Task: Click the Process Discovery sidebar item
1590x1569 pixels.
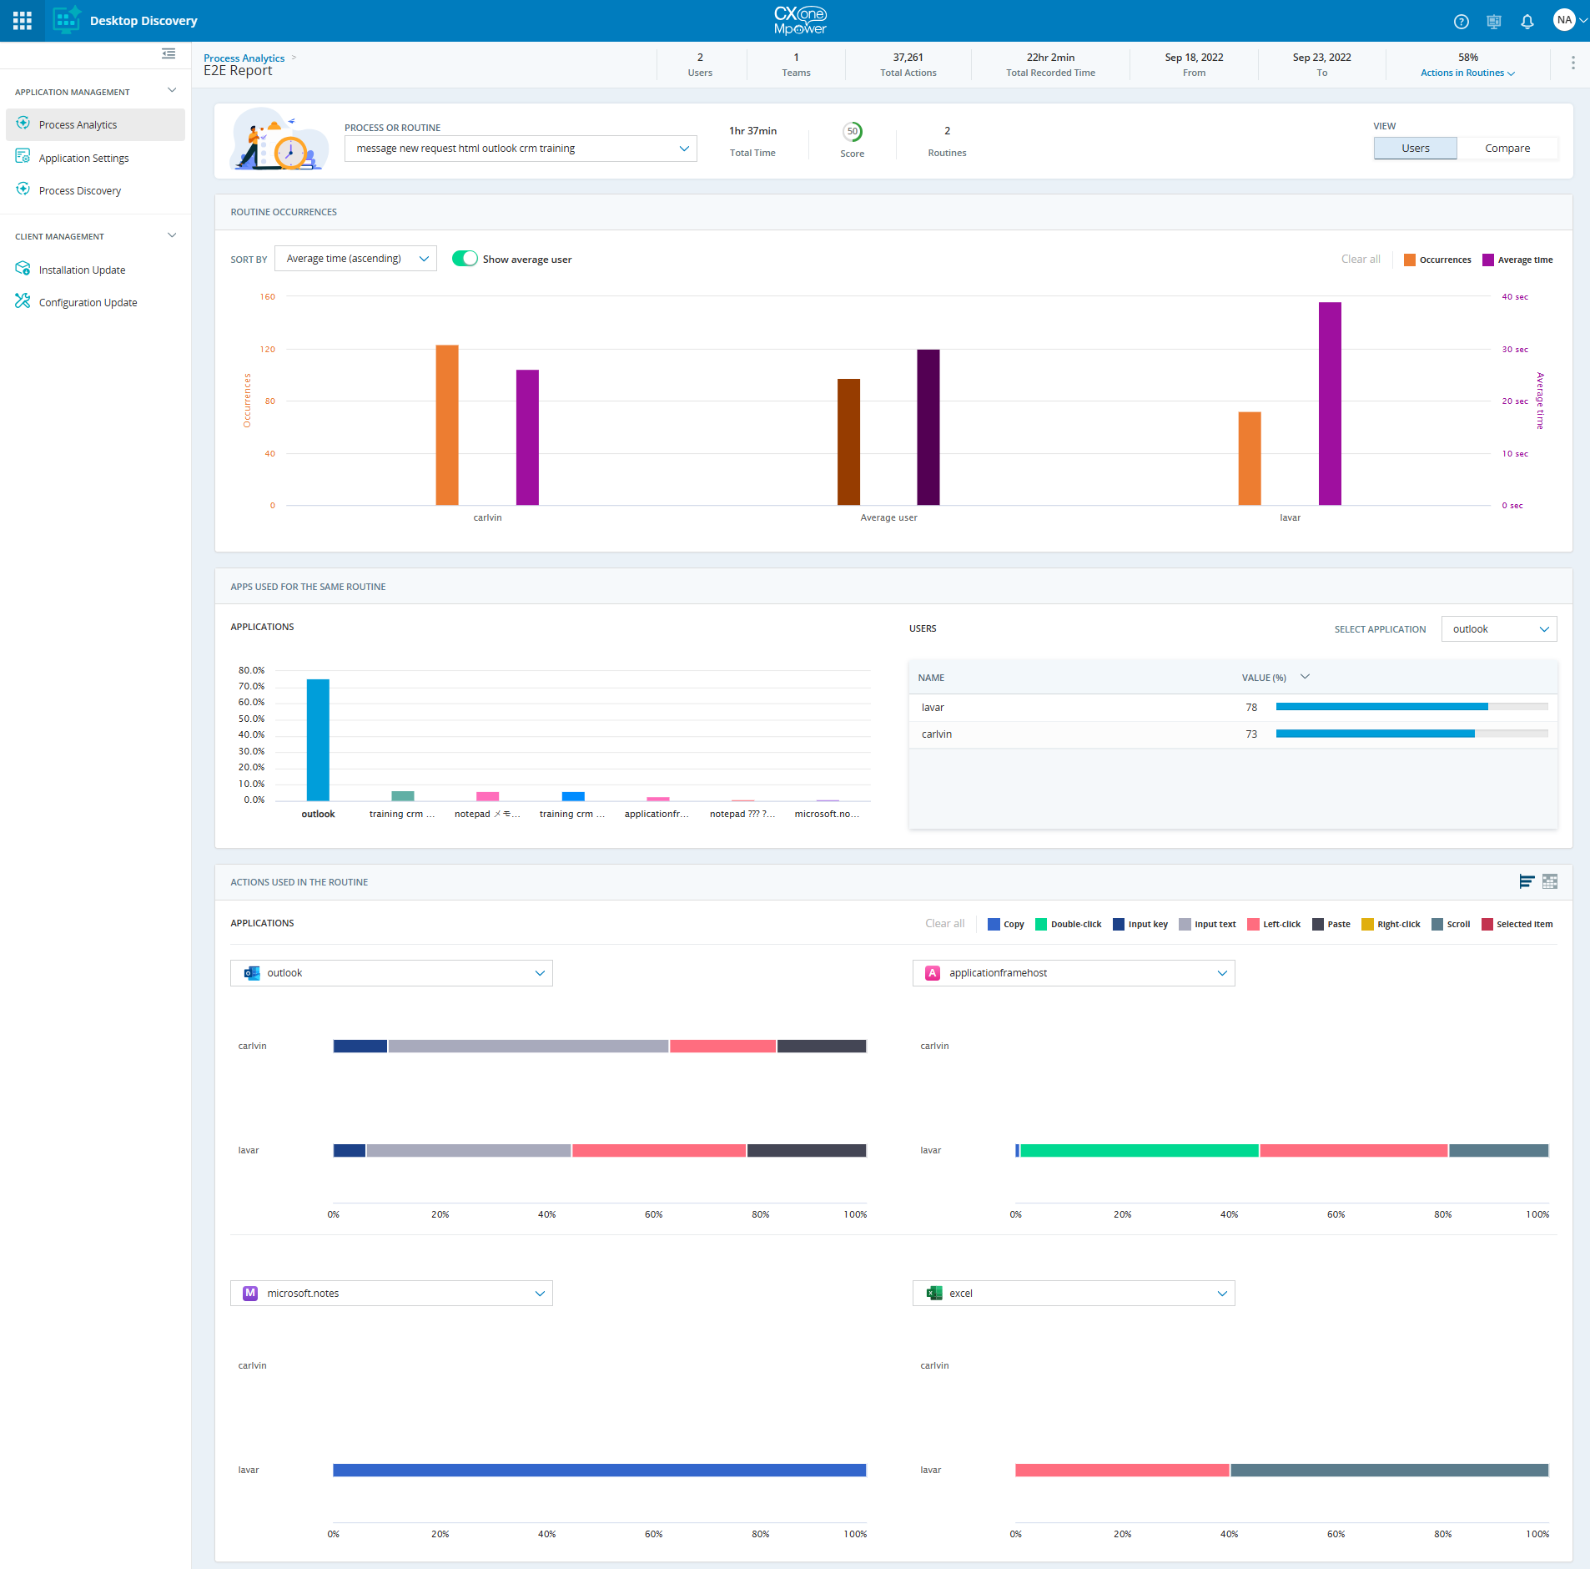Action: pos(79,191)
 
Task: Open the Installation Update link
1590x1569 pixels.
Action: pos(82,270)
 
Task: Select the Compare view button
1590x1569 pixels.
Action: pos(1507,149)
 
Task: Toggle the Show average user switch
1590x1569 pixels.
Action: pos(465,259)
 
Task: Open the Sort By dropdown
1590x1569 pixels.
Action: pos(355,259)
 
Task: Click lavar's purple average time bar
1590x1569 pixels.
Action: pos(1330,404)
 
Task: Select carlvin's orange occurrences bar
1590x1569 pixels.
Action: pos(447,425)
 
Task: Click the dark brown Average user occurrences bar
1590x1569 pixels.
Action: pos(848,442)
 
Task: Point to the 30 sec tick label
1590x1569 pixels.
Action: pos(1515,350)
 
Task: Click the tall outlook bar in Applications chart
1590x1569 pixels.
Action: pos(318,739)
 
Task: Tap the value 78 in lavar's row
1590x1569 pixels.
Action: pos(1251,708)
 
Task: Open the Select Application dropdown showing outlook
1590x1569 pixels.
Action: pos(1498,629)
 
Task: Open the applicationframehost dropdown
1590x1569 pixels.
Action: pos(1073,973)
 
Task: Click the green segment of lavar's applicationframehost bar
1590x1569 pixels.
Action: pos(1139,1151)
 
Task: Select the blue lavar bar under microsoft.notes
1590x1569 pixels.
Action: pos(599,1471)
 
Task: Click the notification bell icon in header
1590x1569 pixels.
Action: pos(1527,22)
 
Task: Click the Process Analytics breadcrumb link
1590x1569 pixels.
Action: pos(244,58)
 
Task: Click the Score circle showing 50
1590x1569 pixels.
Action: pos(852,132)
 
